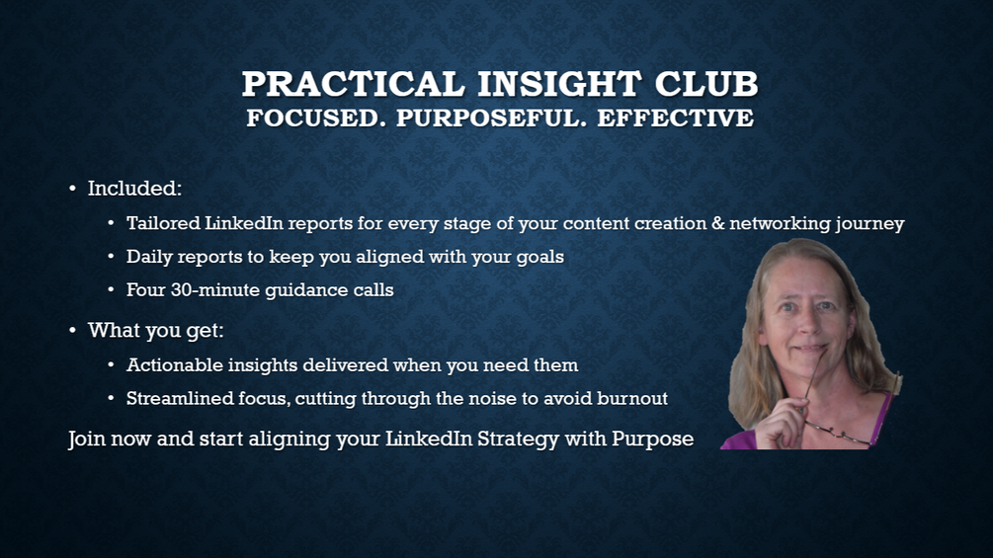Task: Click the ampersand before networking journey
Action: (x=717, y=224)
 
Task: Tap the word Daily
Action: (x=149, y=257)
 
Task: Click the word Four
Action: (x=147, y=290)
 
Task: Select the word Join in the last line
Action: (x=86, y=438)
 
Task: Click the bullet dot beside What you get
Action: (x=72, y=331)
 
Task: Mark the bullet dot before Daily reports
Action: (x=111, y=258)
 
